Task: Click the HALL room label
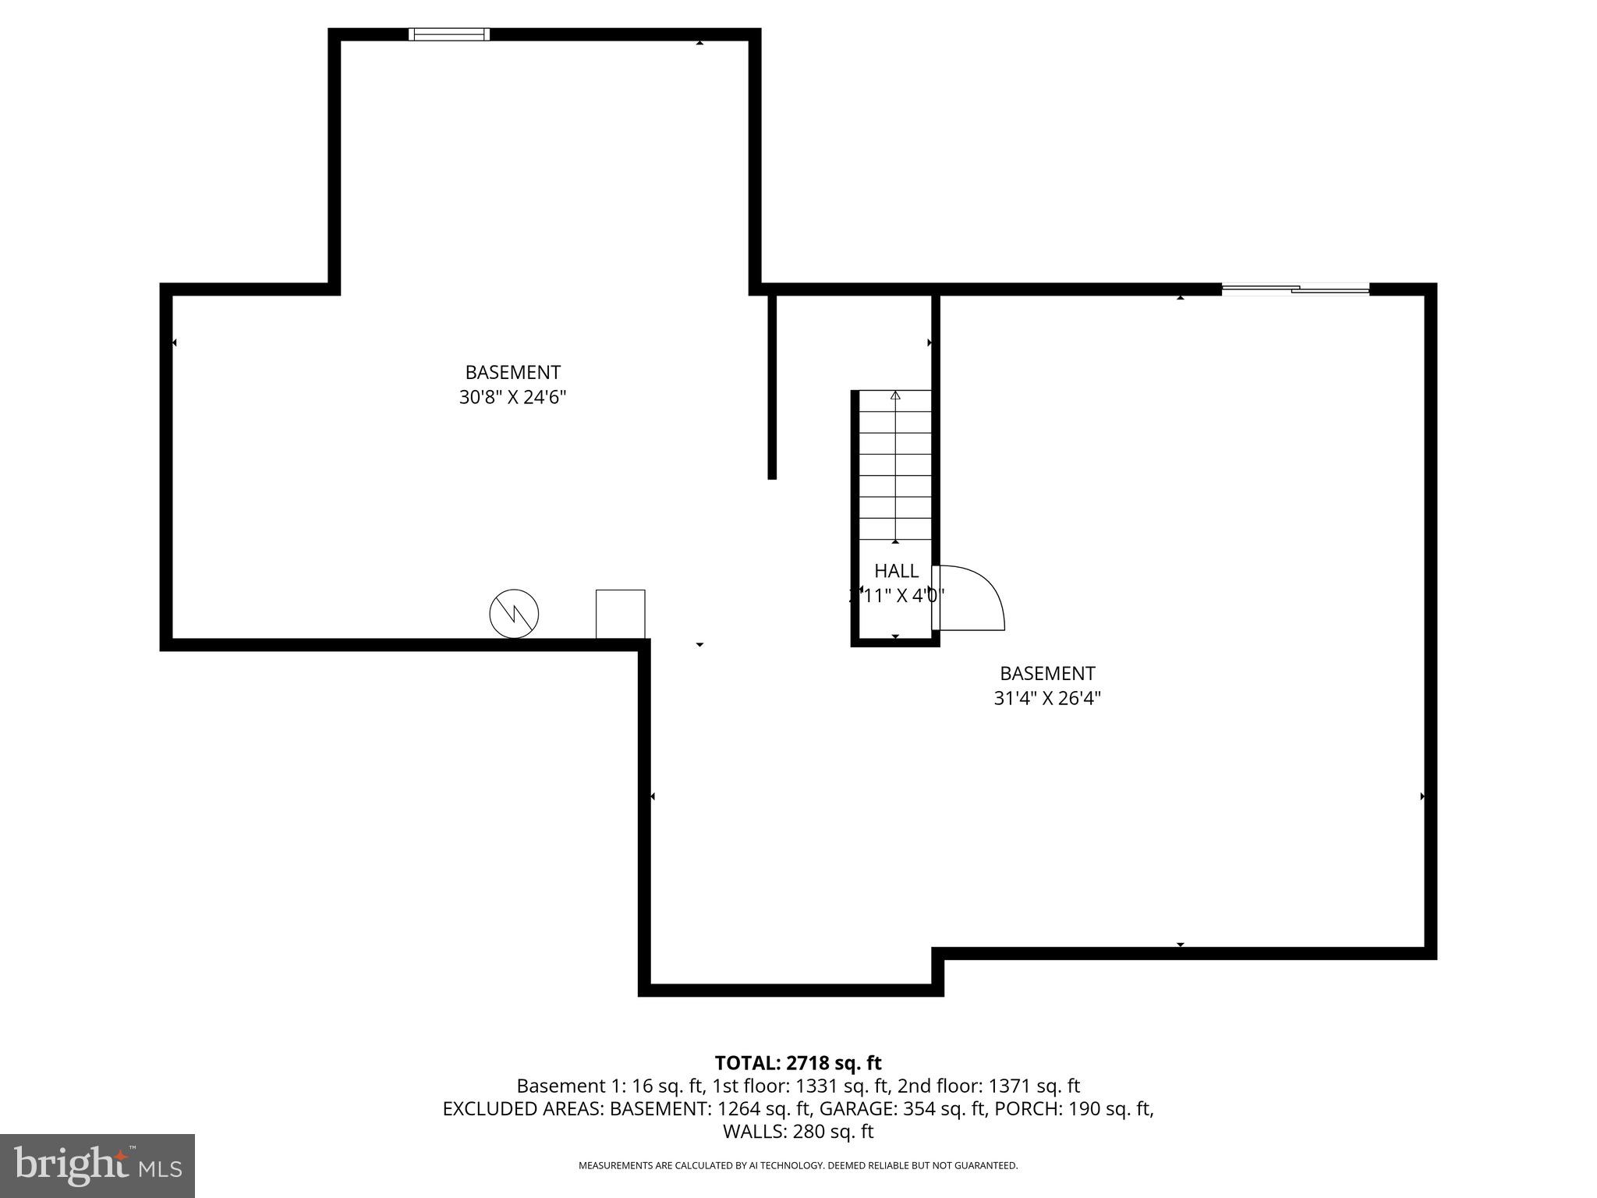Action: pyautogui.click(x=896, y=571)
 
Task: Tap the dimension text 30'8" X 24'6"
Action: pyautogui.click(x=512, y=398)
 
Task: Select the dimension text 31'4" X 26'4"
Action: pyautogui.click(x=1046, y=698)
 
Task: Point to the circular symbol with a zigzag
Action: pyautogui.click(x=514, y=613)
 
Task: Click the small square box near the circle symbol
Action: pyautogui.click(x=621, y=614)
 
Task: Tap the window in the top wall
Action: pyautogui.click(x=449, y=34)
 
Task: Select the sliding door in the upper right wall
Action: pyautogui.click(x=1295, y=289)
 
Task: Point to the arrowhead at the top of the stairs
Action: pyautogui.click(x=895, y=395)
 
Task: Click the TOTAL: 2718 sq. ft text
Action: pyautogui.click(x=798, y=1063)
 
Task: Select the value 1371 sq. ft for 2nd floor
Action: pyautogui.click(x=1034, y=1086)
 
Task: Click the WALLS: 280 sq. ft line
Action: pyautogui.click(x=798, y=1131)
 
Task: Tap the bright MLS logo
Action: pyautogui.click(x=97, y=1165)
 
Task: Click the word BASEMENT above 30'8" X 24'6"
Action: pyautogui.click(x=512, y=373)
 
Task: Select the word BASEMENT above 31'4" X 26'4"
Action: pyautogui.click(x=1047, y=673)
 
